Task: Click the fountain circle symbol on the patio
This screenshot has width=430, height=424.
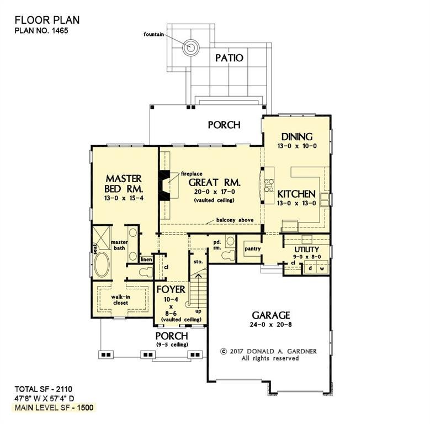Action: [x=192, y=47]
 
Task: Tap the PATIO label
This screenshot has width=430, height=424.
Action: [x=229, y=57]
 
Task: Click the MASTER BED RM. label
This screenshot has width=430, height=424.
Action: [x=124, y=184]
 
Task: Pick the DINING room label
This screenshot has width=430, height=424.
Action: [x=297, y=137]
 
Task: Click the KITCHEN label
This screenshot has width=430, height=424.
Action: [x=296, y=194]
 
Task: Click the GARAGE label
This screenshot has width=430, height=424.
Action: [x=270, y=315]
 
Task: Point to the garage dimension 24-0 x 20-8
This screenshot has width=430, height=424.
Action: [x=270, y=325]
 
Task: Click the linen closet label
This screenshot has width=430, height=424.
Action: [x=146, y=259]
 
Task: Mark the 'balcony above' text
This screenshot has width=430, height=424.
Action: [x=234, y=220]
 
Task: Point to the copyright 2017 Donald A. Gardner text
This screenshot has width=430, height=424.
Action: [x=268, y=351]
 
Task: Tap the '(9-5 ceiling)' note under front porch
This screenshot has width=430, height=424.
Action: [x=172, y=345]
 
